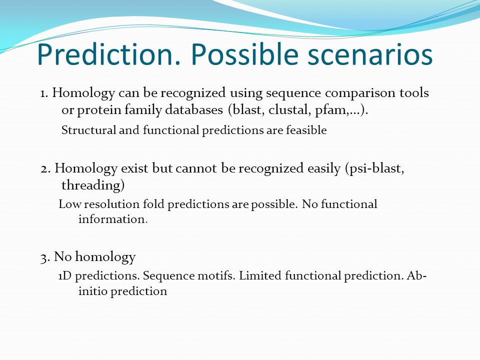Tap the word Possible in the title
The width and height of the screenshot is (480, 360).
[244, 54]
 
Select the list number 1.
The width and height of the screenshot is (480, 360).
[44, 93]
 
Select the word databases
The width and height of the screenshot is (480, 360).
[194, 109]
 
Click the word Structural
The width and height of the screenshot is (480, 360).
[88, 130]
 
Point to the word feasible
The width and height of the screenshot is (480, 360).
[306, 130]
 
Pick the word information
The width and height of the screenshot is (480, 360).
[111, 219]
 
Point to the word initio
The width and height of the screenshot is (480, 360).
[92, 291]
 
